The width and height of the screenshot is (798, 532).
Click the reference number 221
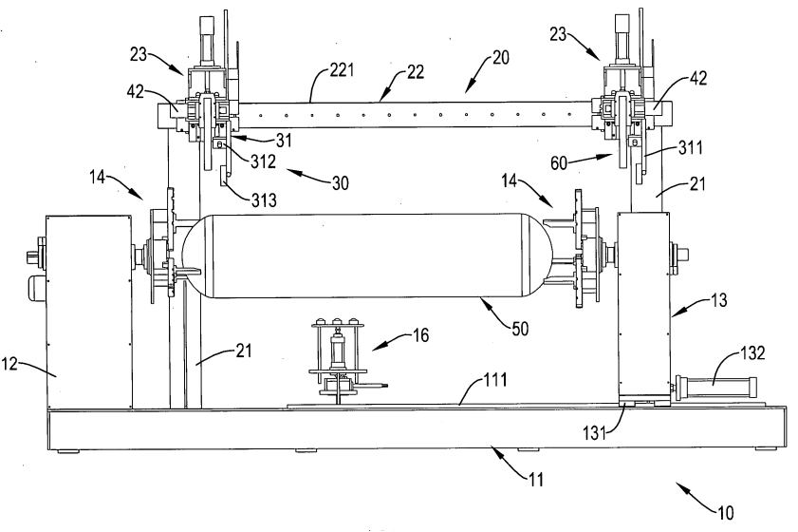click(342, 69)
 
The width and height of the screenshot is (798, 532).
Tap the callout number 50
click(520, 329)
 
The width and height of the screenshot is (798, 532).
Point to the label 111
click(495, 380)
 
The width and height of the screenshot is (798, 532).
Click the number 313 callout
click(264, 200)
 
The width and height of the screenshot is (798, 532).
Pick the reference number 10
click(726, 512)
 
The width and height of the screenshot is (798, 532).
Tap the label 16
click(420, 334)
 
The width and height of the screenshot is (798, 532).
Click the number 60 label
click(559, 163)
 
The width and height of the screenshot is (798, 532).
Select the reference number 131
click(594, 432)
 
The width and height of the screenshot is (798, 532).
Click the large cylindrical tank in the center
click(366, 256)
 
